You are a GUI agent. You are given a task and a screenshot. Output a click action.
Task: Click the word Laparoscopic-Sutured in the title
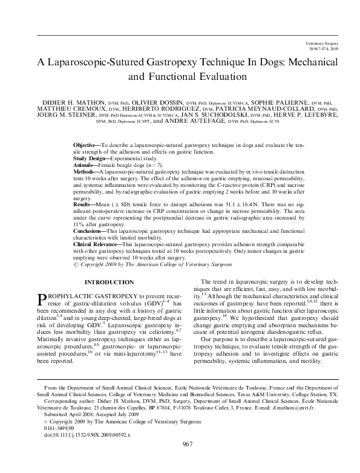click(110, 62)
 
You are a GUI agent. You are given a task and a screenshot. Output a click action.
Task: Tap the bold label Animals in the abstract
click(85, 166)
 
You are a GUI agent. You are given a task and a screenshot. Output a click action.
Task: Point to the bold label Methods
click(86, 172)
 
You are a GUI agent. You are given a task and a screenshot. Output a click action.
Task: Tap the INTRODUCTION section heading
click(109, 282)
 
